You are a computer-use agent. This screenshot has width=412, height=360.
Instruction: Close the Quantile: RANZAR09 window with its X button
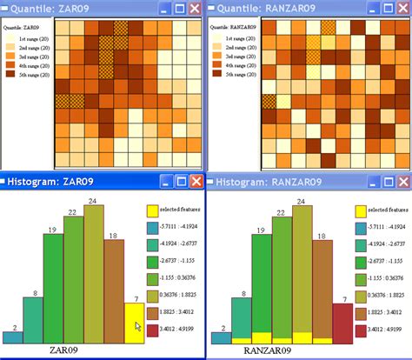tap(402, 9)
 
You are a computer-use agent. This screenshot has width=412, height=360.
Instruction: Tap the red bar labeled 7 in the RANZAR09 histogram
tap(342, 324)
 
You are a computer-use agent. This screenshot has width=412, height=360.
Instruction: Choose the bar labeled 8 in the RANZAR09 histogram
tap(242, 322)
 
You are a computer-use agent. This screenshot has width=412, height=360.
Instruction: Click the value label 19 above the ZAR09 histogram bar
tap(53, 230)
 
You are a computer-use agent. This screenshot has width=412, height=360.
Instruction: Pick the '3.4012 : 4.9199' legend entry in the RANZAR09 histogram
tap(382, 330)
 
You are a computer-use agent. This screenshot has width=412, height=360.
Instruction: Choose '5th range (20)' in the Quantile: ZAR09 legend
tap(30, 75)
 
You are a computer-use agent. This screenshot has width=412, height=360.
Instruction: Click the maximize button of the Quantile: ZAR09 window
tap(180, 9)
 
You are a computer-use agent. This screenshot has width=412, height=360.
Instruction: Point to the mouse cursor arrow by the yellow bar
tap(138, 328)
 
